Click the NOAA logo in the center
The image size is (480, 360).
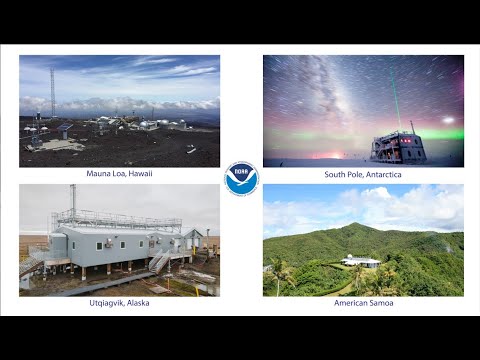[x=241, y=179]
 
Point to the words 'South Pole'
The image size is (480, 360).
[x=342, y=174]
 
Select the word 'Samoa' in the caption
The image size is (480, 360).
[x=380, y=303]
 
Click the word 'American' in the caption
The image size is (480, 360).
[x=349, y=303]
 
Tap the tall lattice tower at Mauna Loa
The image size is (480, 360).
[x=53, y=92]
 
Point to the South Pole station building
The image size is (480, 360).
[x=399, y=147]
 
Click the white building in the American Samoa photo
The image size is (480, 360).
[x=360, y=262]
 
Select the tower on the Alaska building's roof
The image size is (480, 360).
[x=73, y=200]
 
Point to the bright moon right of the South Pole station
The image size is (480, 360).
[x=447, y=120]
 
